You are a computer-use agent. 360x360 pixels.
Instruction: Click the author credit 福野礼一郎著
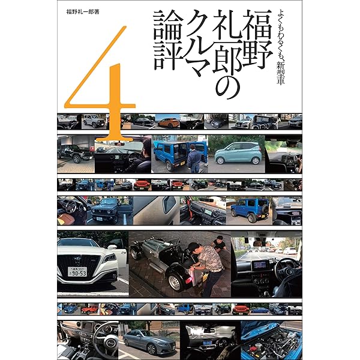coord(83,12)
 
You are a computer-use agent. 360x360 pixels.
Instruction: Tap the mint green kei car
coord(238,153)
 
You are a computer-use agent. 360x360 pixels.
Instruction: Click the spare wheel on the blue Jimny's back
coord(265,209)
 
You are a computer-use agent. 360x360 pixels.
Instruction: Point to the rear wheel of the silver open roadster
coord(175,282)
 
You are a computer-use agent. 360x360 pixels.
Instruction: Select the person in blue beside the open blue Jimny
coord(194,158)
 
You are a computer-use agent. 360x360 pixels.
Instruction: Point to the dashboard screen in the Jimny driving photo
coord(260,265)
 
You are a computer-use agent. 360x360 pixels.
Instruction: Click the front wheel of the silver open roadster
coord(136,253)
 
